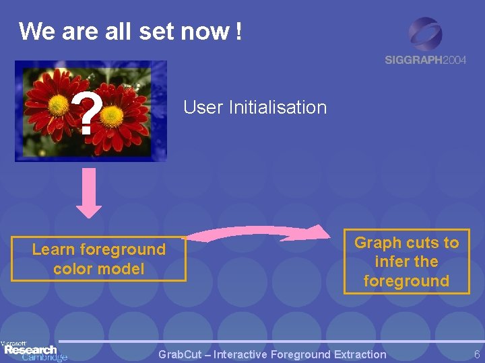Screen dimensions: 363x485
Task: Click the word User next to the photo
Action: pos(203,108)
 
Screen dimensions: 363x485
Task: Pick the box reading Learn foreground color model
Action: pos(98,259)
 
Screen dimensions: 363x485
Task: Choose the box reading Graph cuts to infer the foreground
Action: pos(406,261)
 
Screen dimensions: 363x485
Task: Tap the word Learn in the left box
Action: pos(53,249)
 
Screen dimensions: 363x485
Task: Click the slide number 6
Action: pos(477,354)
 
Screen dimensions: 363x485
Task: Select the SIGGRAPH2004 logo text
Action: pos(425,60)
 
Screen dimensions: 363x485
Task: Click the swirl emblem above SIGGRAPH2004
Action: pos(425,34)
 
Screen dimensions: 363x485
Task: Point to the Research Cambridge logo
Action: pos(34,351)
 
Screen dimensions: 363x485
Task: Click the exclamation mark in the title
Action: pos(238,31)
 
